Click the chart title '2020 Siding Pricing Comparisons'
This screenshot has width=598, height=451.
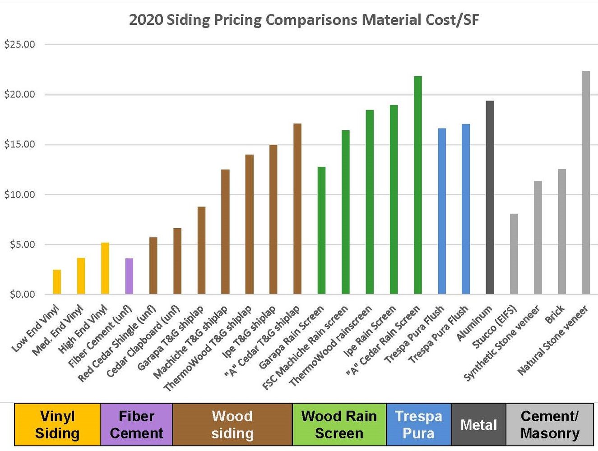coord(303,20)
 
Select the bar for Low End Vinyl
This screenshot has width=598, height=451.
coord(57,282)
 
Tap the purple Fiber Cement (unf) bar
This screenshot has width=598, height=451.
coord(129,276)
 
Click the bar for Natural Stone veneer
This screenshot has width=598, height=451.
coord(586,183)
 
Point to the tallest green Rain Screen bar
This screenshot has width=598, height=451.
coord(418,185)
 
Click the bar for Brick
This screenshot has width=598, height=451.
coord(562,232)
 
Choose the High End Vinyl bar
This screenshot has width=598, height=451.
coord(105,268)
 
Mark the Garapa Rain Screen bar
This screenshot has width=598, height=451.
coord(321,230)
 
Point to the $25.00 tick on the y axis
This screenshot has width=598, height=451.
coord(19,44)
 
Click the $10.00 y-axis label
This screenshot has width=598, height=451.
coord(19,194)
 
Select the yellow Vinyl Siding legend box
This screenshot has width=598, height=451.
coord(57,424)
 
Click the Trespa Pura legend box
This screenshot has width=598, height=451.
coord(418,424)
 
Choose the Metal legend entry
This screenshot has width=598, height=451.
coord(478,424)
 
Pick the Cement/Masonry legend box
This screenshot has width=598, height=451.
coord(550,424)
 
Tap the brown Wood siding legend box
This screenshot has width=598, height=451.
coord(232,424)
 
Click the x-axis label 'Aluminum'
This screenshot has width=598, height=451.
coord(474,323)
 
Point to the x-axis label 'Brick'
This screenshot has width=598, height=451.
coord(555,314)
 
